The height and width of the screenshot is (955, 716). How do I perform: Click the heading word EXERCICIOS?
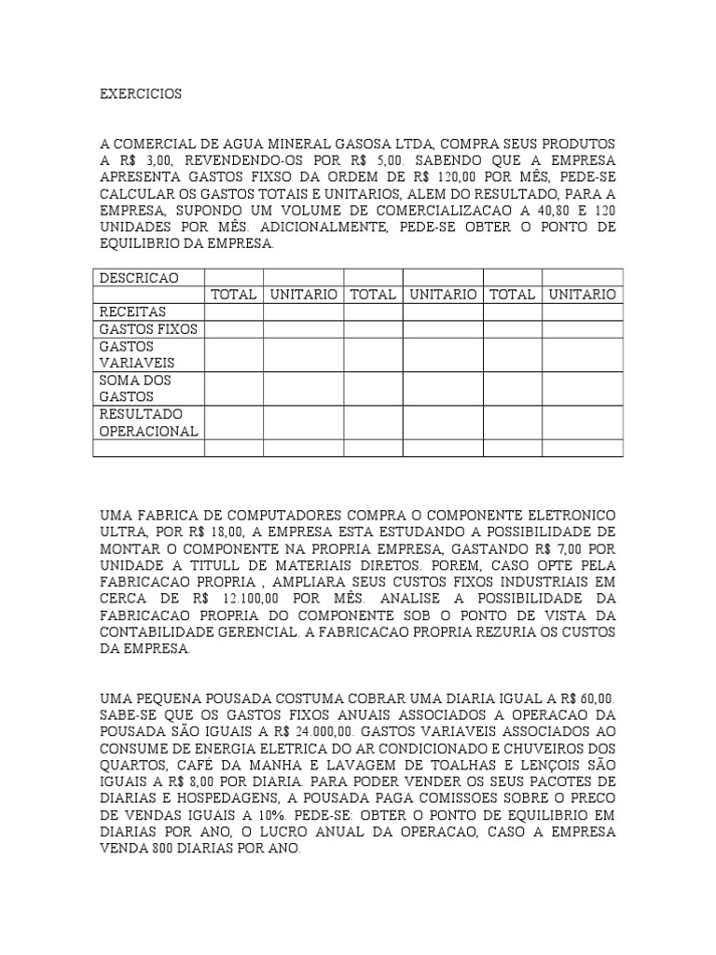click(141, 94)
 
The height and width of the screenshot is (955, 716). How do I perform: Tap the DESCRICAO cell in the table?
click(139, 278)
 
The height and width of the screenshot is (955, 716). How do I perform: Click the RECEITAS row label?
click(132, 311)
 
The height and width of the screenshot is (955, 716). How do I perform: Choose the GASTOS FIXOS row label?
click(148, 328)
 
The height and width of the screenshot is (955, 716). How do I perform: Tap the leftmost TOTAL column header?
click(234, 295)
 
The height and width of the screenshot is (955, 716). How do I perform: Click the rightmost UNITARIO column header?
click(582, 295)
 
